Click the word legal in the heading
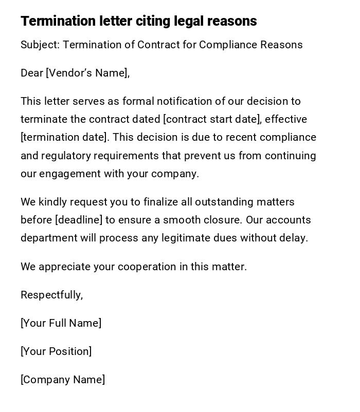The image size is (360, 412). coord(189,21)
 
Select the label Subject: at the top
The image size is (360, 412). coord(40,45)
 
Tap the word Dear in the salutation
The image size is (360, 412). coord(32,73)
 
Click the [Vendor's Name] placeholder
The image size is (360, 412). coord(87,73)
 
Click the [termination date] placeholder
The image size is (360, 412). coord(64,137)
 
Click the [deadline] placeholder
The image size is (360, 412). coord(79,220)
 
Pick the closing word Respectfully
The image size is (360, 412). coord(51,295)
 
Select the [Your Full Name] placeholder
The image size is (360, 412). coord(61,323)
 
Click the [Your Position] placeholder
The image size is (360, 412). coord(56,351)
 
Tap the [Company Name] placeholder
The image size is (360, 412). coord(63,380)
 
